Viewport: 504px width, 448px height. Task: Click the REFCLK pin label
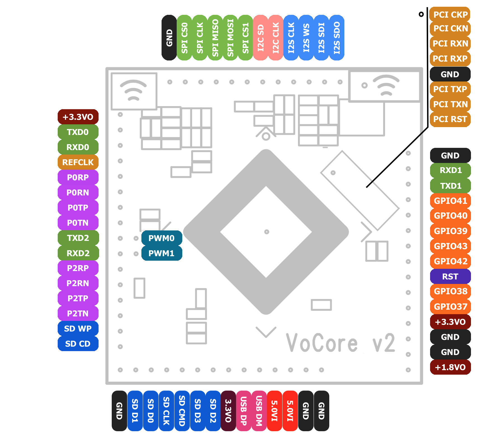coord(78,162)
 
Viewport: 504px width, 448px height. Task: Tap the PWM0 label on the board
coord(162,238)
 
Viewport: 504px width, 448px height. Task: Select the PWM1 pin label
coord(162,253)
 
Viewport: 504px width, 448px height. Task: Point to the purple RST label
coord(450,277)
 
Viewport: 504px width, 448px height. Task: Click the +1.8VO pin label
coord(450,367)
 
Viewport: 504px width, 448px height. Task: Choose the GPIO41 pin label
coord(450,201)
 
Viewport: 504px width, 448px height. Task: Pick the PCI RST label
coord(450,119)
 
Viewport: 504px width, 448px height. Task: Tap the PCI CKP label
coord(450,15)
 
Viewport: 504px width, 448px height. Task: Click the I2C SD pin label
coord(261,38)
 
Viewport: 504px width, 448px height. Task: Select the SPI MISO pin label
coord(215,38)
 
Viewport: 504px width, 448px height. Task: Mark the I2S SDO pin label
coord(337,38)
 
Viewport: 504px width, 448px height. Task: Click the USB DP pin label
coord(244,411)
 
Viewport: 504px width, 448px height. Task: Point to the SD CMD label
coord(182,411)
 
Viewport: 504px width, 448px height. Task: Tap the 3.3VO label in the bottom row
coord(228,411)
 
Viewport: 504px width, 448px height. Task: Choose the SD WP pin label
coord(78,329)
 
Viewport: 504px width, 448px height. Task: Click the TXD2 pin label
coord(78,238)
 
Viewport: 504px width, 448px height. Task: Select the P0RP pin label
coord(78,178)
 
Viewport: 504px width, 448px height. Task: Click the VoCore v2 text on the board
coord(340,343)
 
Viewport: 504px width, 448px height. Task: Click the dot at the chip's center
coord(267,232)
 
